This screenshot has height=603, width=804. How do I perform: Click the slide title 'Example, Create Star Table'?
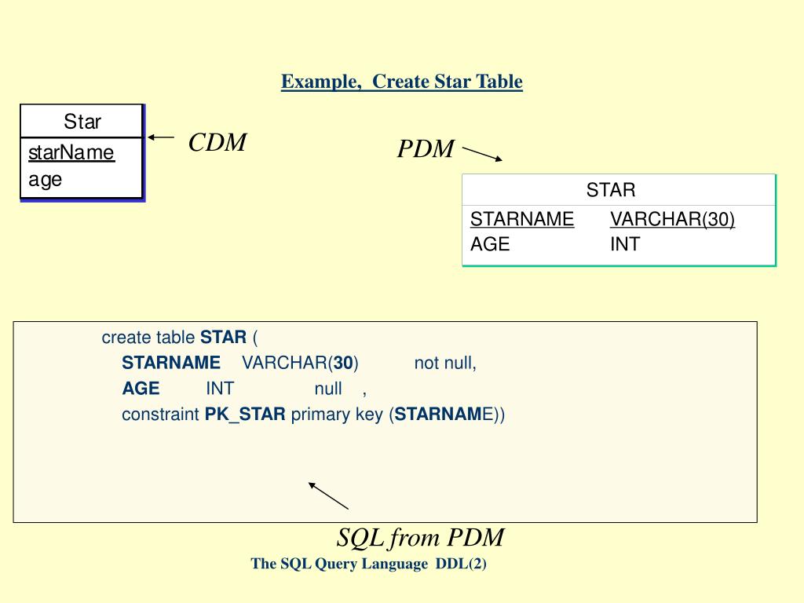pyautogui.click(x=402, y=82)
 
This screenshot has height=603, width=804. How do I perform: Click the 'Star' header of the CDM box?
pyautogui.click(x=82, y=122)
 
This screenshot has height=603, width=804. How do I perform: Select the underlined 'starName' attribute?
pyautogui.click(x=71, y=152)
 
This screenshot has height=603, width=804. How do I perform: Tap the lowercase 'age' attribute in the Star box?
pyautogui.click(x=46, y=179)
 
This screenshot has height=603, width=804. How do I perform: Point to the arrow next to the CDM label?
pyautogui.click(x=161, y=137)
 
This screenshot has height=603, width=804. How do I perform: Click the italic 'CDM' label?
pyautogui.click(x=217, y=143)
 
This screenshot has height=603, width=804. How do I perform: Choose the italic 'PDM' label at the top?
pyautogui.click(x=426, y=149)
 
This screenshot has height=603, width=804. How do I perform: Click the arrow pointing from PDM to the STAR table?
pyautogui.click(x=482, y=152)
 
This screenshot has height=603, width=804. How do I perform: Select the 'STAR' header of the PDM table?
pyautogui.click(x=611, y=190)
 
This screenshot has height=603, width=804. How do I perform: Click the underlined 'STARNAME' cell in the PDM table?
pyautogui.click(x=522, y=219)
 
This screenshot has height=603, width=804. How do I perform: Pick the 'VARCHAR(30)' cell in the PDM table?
pyautogui.click(x=672, y=219)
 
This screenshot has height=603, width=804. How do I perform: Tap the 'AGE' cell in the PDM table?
pyautogui.click(x=490, y=244)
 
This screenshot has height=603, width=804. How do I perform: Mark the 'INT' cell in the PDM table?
pyautogui.click(x=625, y=244)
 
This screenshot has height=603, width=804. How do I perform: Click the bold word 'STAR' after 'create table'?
pyautogui.click(x=224, y=338)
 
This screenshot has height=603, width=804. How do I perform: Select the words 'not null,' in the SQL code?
pyautogui.click(x=445, y=363)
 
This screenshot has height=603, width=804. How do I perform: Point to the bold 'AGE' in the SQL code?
pyautogui.click(x=141, y=389)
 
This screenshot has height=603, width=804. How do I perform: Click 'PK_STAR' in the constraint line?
pyautogui.click(x=245, y=415)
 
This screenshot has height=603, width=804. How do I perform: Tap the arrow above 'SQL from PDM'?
pyautogui.click(x=328, y=495)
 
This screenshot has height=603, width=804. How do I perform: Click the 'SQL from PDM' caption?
pyautogui.click(x=420, y=538)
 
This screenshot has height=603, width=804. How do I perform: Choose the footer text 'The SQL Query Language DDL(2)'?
pyautogui.click(x=369, y=564)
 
